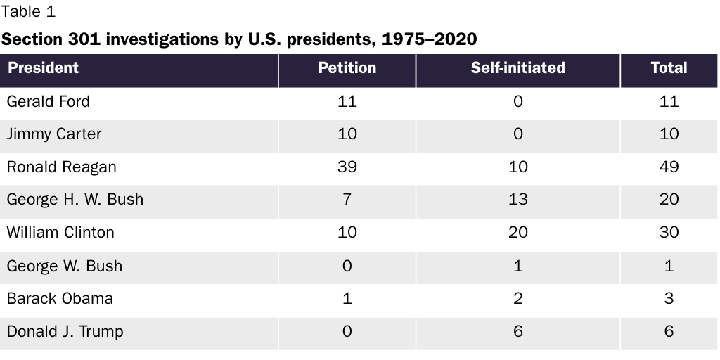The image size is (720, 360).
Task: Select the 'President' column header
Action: click(43, 68)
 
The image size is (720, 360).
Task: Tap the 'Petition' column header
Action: click(347, 68)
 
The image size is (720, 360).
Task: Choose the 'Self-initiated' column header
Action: click(517, 68)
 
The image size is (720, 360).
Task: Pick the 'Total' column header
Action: click(669, 68)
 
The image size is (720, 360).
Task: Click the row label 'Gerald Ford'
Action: click(49, 101)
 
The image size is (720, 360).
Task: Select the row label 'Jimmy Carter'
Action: click(54, 134)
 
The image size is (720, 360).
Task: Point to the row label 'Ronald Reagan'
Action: click(62, 167)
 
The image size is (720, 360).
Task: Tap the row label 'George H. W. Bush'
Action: click(75, 200)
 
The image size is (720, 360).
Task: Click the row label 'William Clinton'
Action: click(60, 232)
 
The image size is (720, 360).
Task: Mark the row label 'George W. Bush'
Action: click(64, 266)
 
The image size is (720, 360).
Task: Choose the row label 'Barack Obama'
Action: click(60, 298)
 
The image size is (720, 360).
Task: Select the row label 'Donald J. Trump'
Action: click(65, 331)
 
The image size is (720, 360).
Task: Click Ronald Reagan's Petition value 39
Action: click(347, 167)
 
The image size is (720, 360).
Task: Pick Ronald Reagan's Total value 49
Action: click(669, 167)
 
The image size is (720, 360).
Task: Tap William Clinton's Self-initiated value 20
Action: click(517, 232)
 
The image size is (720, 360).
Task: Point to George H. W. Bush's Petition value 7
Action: click(347, 200)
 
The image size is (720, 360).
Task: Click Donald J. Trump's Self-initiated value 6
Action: click(517, 331)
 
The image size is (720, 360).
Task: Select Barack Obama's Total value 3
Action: click(669, 298)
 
